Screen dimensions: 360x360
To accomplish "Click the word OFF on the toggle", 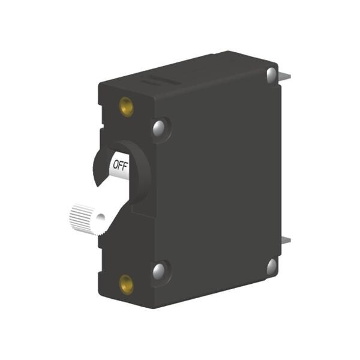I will pyautogui.click(x=120, y=163).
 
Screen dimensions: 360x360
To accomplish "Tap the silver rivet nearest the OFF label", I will pyautogui.click(x=159, y=127).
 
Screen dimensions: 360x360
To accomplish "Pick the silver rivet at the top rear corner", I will pyautogui.click(x=272, y=74).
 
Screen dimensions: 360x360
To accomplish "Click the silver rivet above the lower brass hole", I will pyautogui.click(x=159, y=271).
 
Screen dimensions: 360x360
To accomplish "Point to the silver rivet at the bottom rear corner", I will pyautogui.click(x=272, y=266).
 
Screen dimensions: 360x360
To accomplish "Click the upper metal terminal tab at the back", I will pyautogui.click(x=286, y=75).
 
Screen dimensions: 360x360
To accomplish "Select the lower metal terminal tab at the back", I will pyautogui.click(x=286, y=241).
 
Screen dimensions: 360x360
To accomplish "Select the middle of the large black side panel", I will pyautogui.click(x=222, y=180).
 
